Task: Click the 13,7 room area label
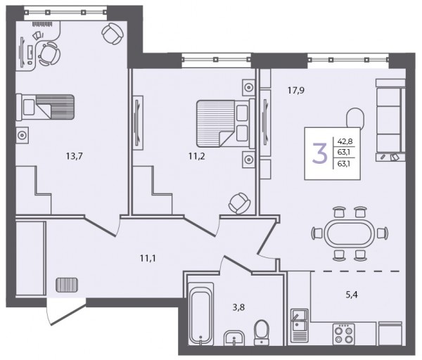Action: [x=75, y=156]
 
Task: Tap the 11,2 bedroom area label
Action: [x=197, y=156]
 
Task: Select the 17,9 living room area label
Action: [x=296, y=91]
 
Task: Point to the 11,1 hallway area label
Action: [x=148, y=259]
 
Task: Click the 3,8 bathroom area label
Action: [x=238, y=307]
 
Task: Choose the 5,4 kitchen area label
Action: [x=352, y=295]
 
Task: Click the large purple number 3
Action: [x=319, y=153]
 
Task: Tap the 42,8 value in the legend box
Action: [x=345, y=141]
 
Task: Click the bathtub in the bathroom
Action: [x=200, y=314]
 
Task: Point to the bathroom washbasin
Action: [x=234, y=337]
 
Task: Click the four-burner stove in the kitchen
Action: [x=344, y=334]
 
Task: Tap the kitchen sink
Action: [x=300, y=326]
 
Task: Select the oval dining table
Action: [x=350, y=233]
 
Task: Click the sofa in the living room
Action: [x=390, y=120]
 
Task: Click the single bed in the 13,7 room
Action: [x=45, y=107]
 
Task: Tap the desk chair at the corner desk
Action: [x=49, y=53]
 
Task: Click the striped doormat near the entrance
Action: [x=67, y=285]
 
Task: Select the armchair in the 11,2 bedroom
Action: [x=239, y=204]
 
